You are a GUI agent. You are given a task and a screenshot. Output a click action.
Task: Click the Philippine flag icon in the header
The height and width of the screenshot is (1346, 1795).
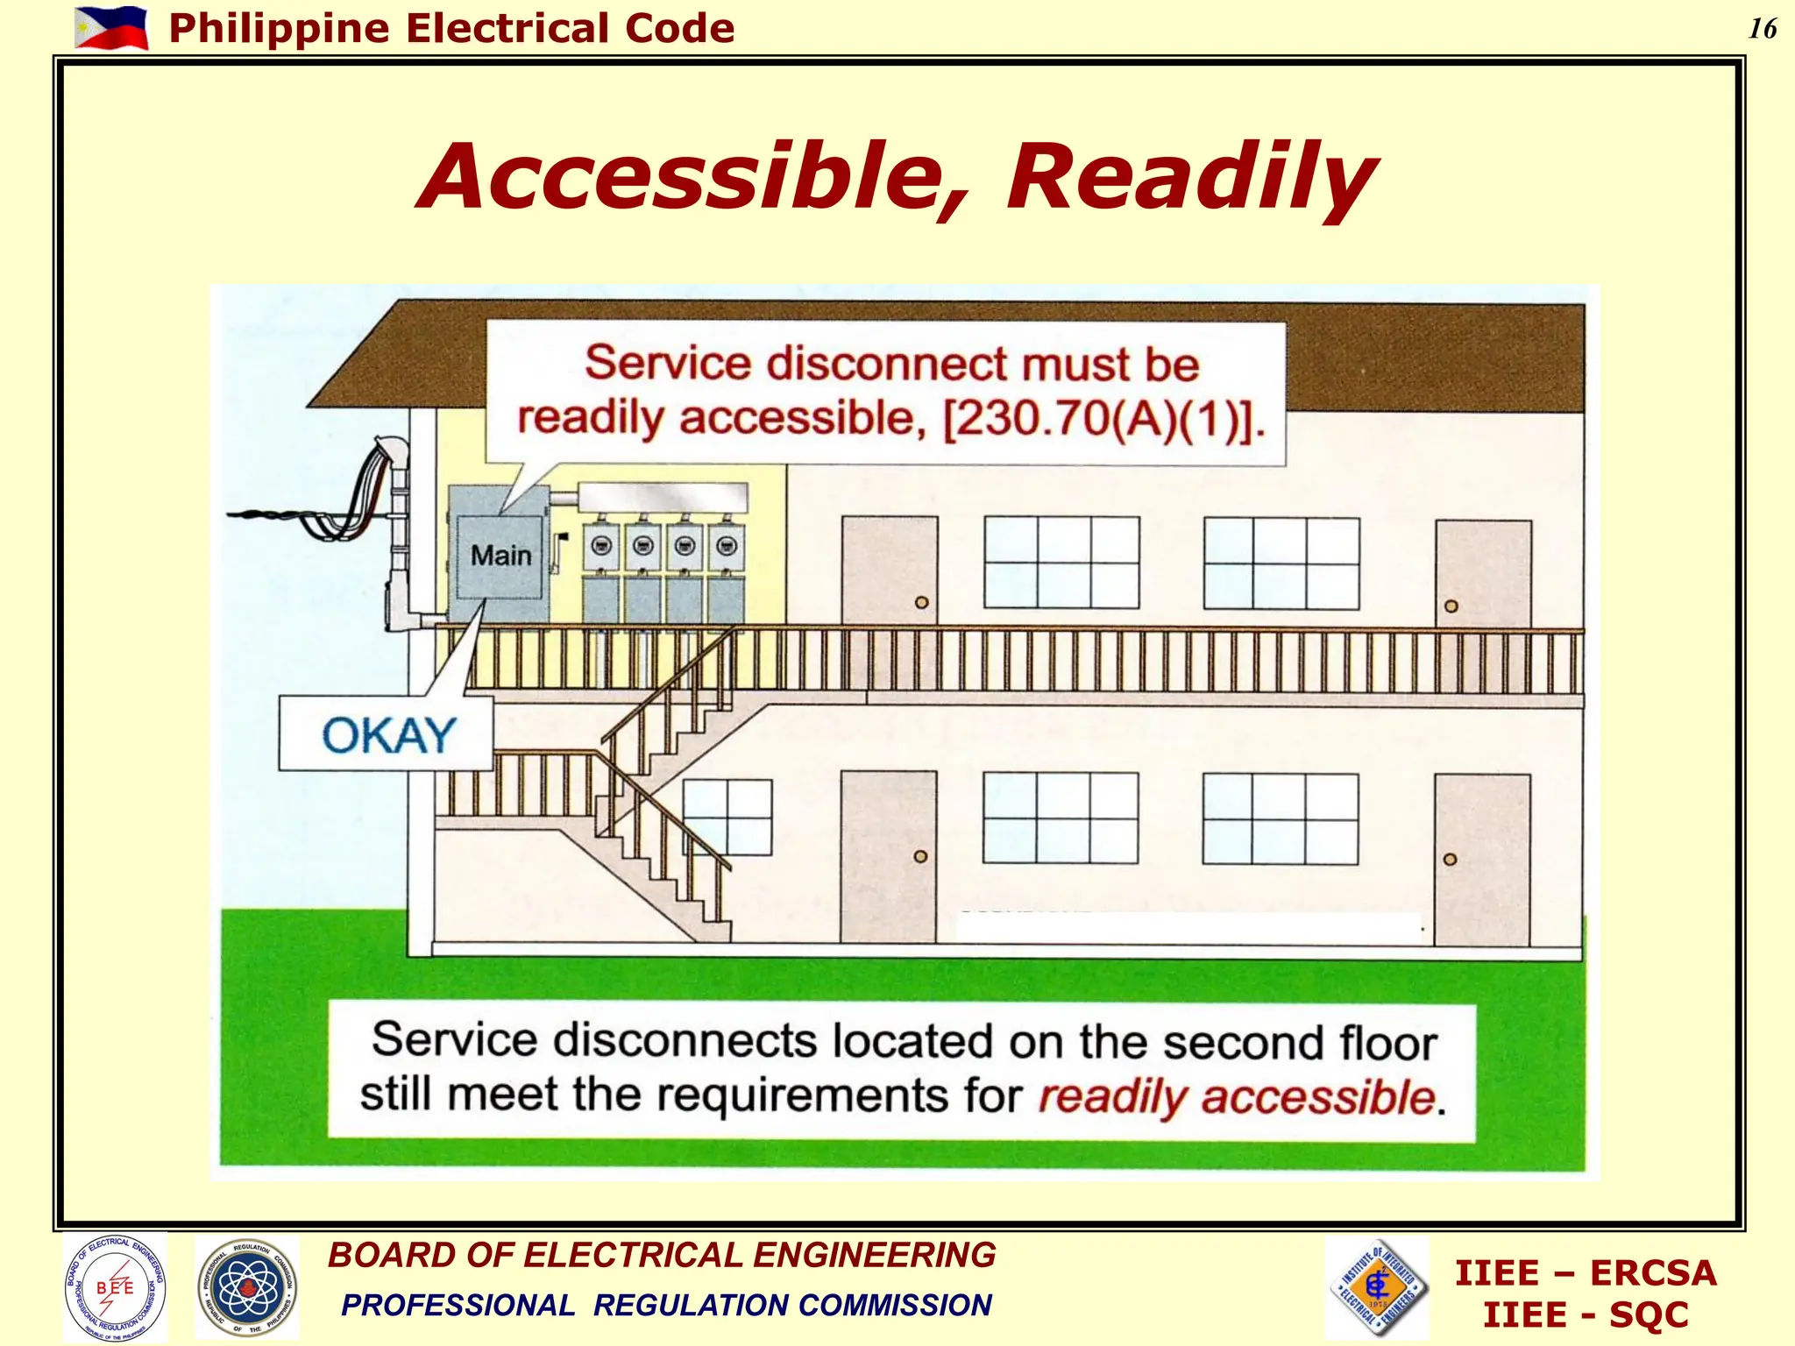click(x=111, y=28)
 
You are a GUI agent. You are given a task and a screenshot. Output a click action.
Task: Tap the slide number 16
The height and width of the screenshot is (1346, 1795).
click(x=1763, y=29)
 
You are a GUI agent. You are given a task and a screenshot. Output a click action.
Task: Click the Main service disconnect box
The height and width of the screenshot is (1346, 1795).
click(x=500, y=556)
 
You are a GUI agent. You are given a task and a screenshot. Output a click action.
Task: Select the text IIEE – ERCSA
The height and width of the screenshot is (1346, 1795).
click(x=1585, y=1273)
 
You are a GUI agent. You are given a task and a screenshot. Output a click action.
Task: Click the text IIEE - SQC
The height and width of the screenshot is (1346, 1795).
click(x=1585, y=1315)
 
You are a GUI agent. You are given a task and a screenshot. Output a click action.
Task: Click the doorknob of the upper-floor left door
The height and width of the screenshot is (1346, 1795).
click(x=921, y=603)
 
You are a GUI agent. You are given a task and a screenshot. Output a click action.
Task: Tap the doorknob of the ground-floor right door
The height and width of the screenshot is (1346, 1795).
click(x=1450, y=860)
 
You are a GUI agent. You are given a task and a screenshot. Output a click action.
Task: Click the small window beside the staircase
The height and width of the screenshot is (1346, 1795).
click(x=727, y=817)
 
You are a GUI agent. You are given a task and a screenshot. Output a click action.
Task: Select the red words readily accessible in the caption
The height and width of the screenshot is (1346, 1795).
click(x=1236, y=1097)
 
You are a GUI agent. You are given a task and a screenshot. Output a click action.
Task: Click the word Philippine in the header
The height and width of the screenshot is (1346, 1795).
click(x=279, y=29)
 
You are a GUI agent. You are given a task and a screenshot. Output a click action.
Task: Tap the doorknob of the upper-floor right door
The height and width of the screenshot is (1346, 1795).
click(x=1451, y=606)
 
